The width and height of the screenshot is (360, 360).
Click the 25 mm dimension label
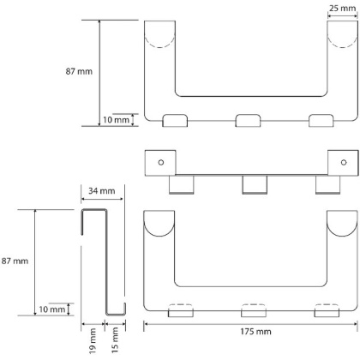click(342, 8)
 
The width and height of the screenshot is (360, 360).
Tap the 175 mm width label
click(255, 332)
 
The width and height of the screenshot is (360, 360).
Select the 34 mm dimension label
click(102, 190)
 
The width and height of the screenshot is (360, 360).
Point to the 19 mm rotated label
click(93, 341)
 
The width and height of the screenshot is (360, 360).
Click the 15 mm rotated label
click(115, 340)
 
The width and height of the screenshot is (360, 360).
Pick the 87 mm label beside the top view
click(79, 71)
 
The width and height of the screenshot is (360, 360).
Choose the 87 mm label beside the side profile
click(15, 261)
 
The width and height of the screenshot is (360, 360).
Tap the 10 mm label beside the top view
click(116, 120)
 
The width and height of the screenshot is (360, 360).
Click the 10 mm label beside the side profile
click(52, 309)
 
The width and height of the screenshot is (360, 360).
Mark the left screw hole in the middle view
click(161, 162)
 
